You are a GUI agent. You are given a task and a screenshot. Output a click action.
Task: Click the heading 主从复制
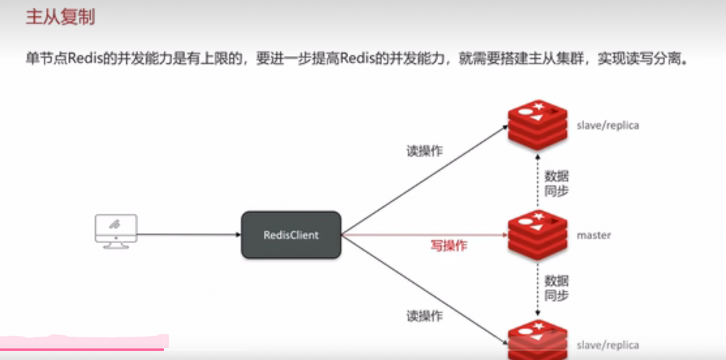[x=60, y=18]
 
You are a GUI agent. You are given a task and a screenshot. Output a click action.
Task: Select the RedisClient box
[x=291, y=235]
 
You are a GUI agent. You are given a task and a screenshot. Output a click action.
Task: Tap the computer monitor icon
[x=116, y=231]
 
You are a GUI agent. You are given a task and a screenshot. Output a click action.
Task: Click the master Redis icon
[x=537, y=234]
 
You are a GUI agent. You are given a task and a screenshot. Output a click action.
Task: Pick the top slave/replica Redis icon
[x=537, y=124]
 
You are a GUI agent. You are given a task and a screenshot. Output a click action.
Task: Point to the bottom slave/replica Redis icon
[x=537, y=342]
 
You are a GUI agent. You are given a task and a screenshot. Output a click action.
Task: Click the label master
[x=593, y=235]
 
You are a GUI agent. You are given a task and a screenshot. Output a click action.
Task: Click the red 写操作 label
[x=449, y=247]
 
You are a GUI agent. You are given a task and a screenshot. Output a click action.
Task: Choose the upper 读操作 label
[x=425, y=151]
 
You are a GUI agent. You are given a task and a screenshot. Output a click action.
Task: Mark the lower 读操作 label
[x=425, y=316]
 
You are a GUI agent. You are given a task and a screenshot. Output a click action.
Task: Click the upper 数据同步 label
[x=557, y=183]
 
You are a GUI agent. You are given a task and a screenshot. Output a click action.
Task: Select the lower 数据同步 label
[x=557, y=287]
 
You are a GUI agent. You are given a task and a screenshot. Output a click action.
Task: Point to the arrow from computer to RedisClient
[x=188, y=235]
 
